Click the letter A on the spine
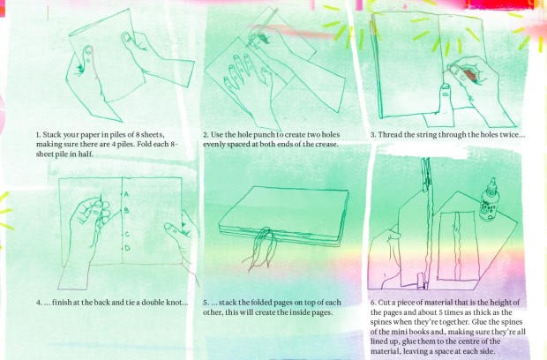(126, 194)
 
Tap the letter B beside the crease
(126, 210)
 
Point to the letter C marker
(127, 234)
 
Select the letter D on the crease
(127, 248)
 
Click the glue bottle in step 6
(490, 200)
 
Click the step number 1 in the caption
(38, 135)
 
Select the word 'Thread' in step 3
(390, 135)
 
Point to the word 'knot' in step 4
(175, 303)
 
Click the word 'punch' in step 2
(266, 135)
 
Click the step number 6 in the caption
(373, 303)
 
